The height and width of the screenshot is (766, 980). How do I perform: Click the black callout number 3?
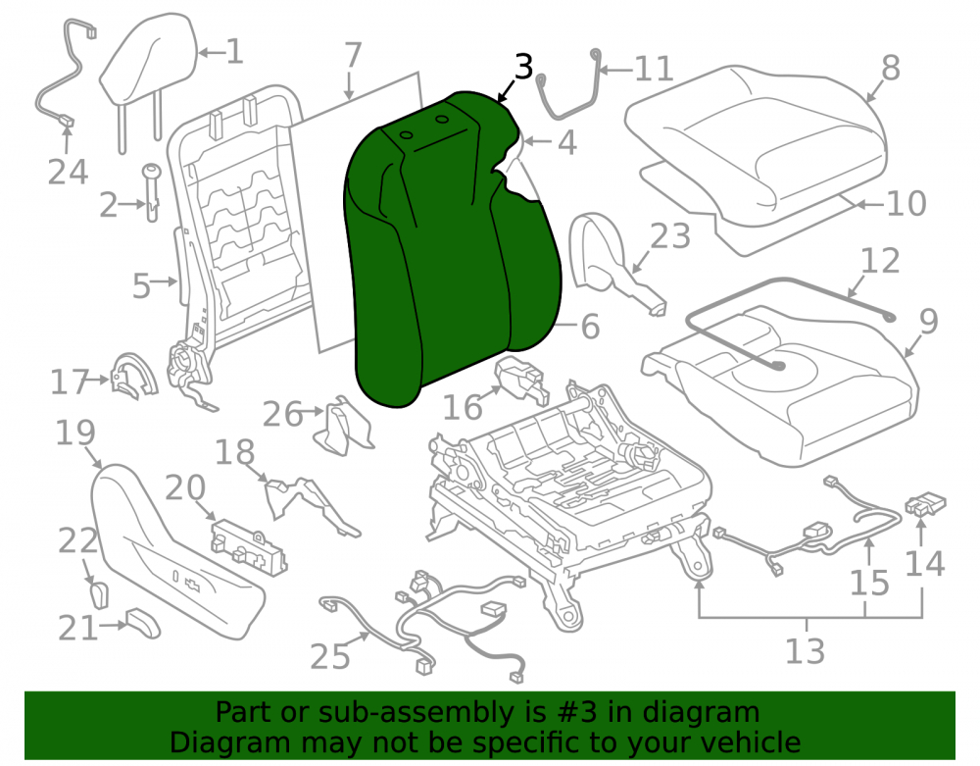coord(523,67)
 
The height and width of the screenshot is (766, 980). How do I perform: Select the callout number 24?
coord(68,172)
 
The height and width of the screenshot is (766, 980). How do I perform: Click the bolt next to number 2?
coord(152,191)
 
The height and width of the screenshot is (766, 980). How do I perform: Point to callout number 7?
coord(353,55)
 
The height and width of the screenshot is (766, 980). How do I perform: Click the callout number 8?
coord(891,68)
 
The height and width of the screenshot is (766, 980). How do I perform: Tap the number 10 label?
coord(906,204)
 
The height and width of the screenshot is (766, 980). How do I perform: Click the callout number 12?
coord(881,261)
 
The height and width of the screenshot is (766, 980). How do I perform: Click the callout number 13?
coord(805,651)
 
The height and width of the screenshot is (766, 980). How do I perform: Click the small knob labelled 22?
coord(99,594)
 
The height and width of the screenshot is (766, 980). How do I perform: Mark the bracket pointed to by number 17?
coord(133,376)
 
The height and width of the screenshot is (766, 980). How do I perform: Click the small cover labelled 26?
coord(345,426)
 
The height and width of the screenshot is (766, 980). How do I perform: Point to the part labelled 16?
coord(521,380)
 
